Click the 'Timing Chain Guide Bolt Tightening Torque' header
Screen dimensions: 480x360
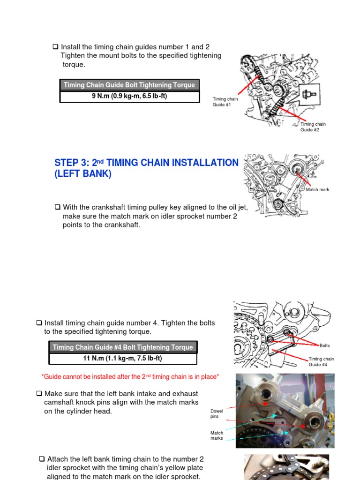point(129,85)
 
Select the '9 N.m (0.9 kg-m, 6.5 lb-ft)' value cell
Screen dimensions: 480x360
point(129,97)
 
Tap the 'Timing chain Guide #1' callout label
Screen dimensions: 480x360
point(225,102)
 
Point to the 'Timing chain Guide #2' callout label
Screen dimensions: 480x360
point(313,127)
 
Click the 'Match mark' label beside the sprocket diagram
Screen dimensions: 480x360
point(317,190)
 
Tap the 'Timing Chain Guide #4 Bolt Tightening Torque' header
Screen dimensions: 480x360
point(123,347)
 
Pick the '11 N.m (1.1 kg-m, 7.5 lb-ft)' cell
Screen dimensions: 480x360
point(123,359)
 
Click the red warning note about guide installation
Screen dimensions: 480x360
point(130,376)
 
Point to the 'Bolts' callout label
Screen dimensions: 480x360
point(324,346)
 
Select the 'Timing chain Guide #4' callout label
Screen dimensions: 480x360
point(321,362)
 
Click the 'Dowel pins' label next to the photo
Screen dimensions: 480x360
point(217,413)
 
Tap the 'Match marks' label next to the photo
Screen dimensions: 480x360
point(217,436)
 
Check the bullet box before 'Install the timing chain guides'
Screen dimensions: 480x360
point(55,47)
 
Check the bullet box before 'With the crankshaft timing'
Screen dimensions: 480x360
point(57,207)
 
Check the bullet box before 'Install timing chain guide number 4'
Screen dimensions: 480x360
point(39,323)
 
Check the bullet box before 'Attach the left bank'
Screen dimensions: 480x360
point(42,459)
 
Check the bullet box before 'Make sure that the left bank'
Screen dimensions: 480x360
point(39,394)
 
